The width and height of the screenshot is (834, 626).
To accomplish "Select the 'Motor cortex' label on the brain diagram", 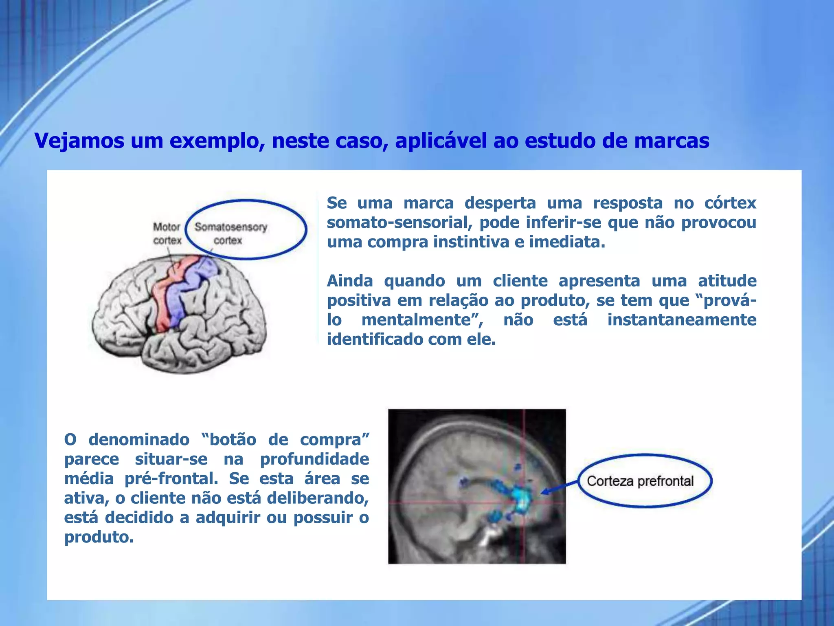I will click(167, 234).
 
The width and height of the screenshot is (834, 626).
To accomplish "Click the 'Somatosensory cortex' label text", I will click(230, 234).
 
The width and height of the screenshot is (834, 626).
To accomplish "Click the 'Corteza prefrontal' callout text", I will click(640, 481).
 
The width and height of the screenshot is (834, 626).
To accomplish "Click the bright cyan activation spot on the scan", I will click(521, 499).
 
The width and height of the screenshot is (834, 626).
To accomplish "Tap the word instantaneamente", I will click(682, 320).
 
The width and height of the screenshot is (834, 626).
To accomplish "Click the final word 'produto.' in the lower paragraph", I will click(99, 537).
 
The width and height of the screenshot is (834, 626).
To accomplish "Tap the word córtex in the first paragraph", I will click(730, 203).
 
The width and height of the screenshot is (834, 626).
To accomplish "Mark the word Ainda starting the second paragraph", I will click(350, 281).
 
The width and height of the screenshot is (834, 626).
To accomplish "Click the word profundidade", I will click(314, 459).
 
